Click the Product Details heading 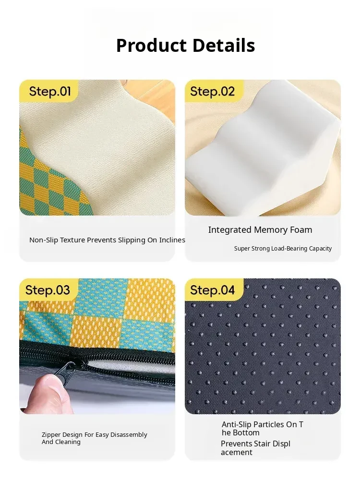[x=185, y=46]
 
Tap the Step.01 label [x=50, y=91]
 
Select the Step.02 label [x=212, y=91]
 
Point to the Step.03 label [x=48, y=290]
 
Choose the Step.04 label [x=212, y=290]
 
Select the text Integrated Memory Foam [x=260, y=230]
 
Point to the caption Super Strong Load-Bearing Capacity [x=283, y=249]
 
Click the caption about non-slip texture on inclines [x=107, y=240]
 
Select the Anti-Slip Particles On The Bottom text [x=263, y=429]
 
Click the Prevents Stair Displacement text [x=256, y=448]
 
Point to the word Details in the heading [x=224, y=46]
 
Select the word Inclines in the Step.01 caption [x=172, y=240]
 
